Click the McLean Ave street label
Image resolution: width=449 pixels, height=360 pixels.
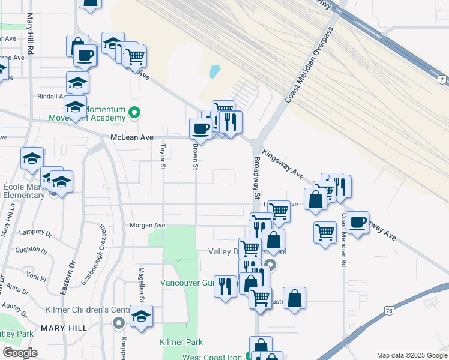pyautogui.click(x=132, y=137)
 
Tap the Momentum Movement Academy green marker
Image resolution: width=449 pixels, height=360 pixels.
pyautogui.click(x=135, y=112)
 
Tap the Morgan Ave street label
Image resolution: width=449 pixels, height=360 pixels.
pyautogui.click(x=147, y=225)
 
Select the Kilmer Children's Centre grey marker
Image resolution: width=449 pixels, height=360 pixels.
pyautogui.click(x=119, y=322)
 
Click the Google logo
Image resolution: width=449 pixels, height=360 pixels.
pyautogui.click(x=20, y=353)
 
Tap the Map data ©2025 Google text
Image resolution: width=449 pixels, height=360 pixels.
pyautogui.click(x=411, y=355)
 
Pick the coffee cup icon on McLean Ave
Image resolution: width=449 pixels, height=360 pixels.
pyautogui.click(x=200, y=128)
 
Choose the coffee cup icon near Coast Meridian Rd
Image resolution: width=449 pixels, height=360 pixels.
pyautogui.click(x=358, y=222)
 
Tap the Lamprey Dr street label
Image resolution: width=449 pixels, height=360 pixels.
pyautogui.click(x=32, y=232)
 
